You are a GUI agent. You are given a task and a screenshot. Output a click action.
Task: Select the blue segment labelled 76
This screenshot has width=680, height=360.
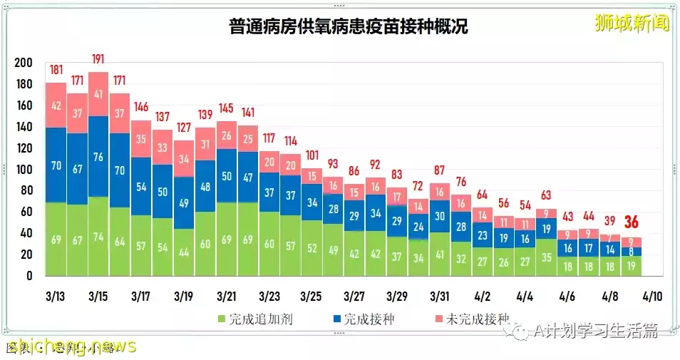(x=99, y=156)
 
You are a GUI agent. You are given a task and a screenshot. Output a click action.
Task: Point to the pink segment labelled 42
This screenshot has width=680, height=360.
(x=56, y=106)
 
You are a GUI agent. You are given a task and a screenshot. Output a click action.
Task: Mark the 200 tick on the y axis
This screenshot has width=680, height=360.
(x=24, y=63)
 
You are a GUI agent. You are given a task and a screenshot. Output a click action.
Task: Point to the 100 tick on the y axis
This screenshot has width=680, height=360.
(x=24, y=170)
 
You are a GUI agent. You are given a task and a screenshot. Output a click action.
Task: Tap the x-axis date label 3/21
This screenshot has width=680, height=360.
(x=227, y=296)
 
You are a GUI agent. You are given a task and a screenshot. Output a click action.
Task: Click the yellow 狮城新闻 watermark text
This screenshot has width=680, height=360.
(x=632, y=24)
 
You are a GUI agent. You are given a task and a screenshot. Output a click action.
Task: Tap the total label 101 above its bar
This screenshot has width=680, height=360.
(x=312, y=155)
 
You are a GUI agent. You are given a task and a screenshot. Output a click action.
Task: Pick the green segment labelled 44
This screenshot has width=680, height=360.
(x=185, y=252)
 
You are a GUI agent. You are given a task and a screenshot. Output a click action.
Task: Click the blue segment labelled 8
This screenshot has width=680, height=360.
(x=631, y=251)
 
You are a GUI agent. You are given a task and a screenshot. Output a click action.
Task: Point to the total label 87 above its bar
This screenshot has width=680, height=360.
(x=439, y=170)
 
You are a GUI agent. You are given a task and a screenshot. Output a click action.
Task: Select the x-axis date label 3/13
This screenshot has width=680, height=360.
(x=56, y=296)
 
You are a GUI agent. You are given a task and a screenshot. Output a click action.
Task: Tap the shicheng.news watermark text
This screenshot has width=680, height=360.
(x=71, y=346)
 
